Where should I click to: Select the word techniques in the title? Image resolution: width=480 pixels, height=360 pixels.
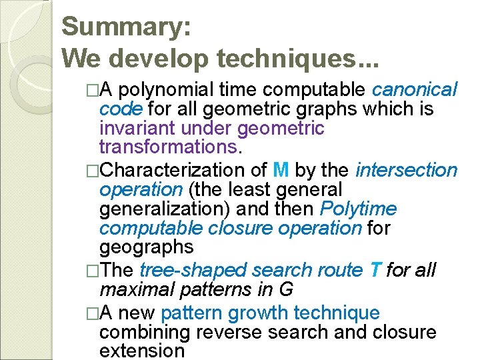point(290,59)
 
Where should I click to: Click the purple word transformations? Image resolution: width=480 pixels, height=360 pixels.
point(167,146)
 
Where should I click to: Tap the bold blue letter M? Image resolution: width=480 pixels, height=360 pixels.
point(281,171)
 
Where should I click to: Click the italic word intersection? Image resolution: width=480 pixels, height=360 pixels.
point(407,171)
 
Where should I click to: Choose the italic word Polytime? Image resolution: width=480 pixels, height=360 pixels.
point(358,209)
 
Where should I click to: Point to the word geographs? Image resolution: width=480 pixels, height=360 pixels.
point(146,248)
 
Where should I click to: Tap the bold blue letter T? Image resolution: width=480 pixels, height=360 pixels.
point(375,271)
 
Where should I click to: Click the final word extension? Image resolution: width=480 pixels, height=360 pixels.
point(141,351)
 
